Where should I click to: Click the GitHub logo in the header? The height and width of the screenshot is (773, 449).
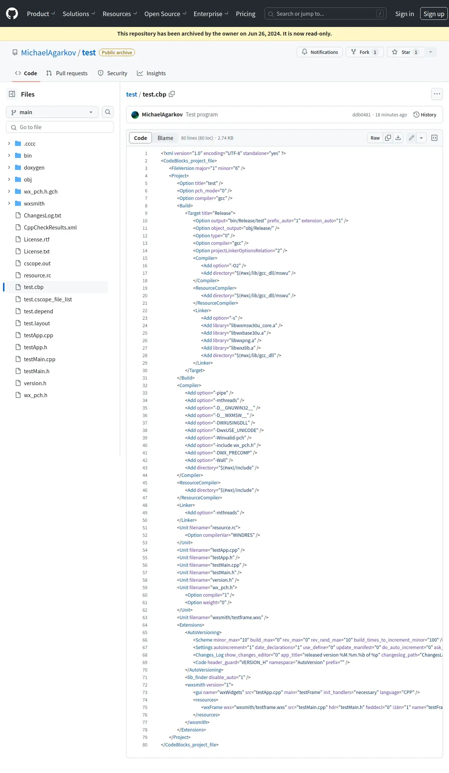pyautogui.click(x=12, y=14)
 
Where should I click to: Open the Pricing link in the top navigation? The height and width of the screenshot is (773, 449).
pyautogui.click(x=245, y=14)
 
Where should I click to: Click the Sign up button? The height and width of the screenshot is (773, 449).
pyautogui.click(x=434, y=14)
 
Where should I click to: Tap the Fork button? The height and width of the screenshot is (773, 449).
pyautogui.click(x=364, y=52)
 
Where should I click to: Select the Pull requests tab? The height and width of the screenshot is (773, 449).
pyautogui.click(x=67, y=73)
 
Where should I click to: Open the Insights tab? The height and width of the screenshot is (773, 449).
pyautogui.click(x=151, y=73)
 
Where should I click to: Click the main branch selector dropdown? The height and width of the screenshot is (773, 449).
pyautogui.click(x=52, y=112)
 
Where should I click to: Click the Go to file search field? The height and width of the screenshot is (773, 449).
pyautogui.click(x=60, y=127)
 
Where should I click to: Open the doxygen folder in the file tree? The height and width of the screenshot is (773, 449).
pyautogui.click(x=34, y=168)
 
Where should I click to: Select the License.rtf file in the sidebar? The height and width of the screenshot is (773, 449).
pyautogui.click(x=37, y=240)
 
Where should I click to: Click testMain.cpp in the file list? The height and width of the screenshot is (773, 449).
pyautogui.click(x=40, y=359)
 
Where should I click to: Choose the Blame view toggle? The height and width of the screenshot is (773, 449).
pyautogui.click(x=165, y=138)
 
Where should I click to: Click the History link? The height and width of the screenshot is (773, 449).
pyautogui.click(x=425, y=115)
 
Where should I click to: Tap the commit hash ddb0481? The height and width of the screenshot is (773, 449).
pyautogui.click(x=361, y=115)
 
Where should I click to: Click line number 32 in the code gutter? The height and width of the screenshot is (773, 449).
pyautogui.click(x=145, y=386)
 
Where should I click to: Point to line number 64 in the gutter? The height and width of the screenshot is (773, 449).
pyautogui.click(x=145, y=625)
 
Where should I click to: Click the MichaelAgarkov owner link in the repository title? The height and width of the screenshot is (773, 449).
pyautogui.click(x=49, y=52)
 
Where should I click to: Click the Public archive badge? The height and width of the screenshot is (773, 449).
pyautogui.click(x=117, y=52)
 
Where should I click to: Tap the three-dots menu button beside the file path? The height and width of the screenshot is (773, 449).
pyautogui.click(x=437, y=94)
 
